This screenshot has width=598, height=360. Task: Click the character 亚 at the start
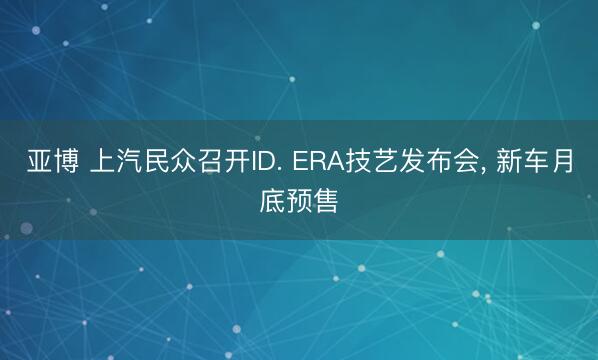pos(39,166)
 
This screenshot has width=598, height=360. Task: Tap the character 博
pos(65,166)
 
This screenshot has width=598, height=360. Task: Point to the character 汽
pos(128,166)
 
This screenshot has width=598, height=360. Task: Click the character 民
pos(155,166)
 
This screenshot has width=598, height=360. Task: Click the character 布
pos(419,166)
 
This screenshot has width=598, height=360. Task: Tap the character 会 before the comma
pos(445,166)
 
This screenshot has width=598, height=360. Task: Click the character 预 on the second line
pos(299,203)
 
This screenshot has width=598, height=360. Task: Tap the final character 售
pos(325,203)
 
